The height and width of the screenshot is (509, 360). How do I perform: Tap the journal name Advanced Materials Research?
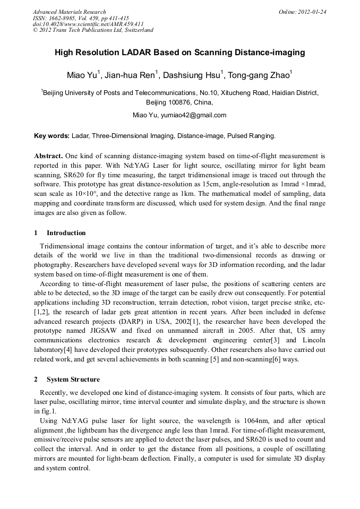(x=69, y=12)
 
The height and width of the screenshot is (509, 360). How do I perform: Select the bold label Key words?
(x=52, y=136)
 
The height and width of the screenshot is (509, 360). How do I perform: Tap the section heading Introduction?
(x=66, y=233)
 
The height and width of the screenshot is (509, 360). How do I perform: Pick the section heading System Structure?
(x=73, y=379)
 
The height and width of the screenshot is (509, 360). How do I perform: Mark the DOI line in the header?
(x=88, y=24)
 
